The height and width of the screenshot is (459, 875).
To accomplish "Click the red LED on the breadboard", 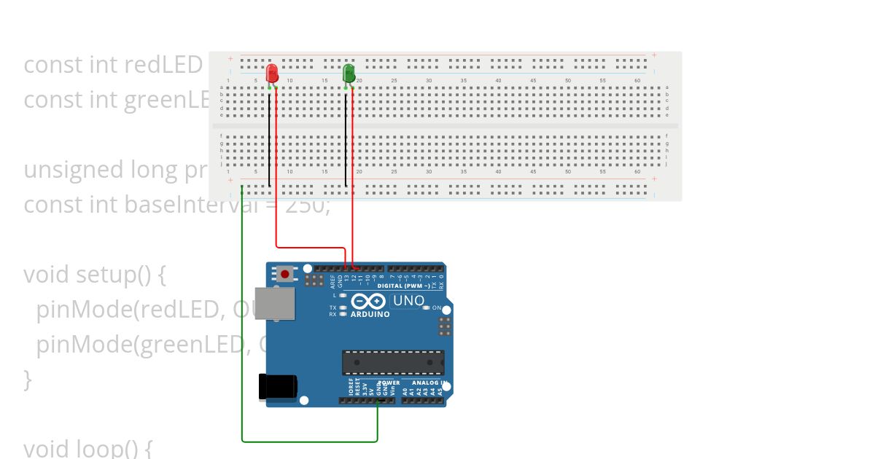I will pyautogui.click(x=272, y=73).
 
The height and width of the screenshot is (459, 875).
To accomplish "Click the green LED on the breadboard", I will pyautogui.click(x=349, y=72).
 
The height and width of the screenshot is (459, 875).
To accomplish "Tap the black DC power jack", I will pyautogui.click(x=278, y=385).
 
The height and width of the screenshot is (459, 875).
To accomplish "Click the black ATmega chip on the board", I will pyautogui.click(x=393, y=362).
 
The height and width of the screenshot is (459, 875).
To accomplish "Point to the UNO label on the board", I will pyautogui.click(x=408, y=300).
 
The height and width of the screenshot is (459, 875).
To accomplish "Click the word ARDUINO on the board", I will pyautogui.click(x=370, y=314).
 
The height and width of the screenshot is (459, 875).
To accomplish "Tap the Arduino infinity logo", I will pyautogui.click(x=368, y=301).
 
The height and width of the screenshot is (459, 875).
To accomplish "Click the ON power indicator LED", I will pyautogui.click(x=426, y=308).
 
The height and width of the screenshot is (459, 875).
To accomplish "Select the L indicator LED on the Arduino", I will pyautogui.click(x=343, y=295).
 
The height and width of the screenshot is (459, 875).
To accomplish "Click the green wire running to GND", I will pyautogui.click(x=242, y=328).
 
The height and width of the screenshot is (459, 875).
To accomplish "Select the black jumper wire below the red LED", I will pyautogui.click(x=269, y=138).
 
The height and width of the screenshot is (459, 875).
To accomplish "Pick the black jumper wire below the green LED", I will pyautogui.click(x=346, y=138).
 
